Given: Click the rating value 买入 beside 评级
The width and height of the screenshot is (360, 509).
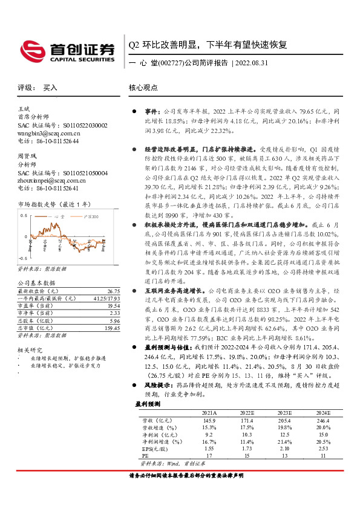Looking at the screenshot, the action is tap(50, 88).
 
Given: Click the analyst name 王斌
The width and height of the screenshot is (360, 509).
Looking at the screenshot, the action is tap(24, 109).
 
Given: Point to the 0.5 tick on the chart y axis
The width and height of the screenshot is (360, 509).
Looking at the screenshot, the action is tap(24, 215).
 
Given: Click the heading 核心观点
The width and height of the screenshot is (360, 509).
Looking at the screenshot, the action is tap(143, 88).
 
